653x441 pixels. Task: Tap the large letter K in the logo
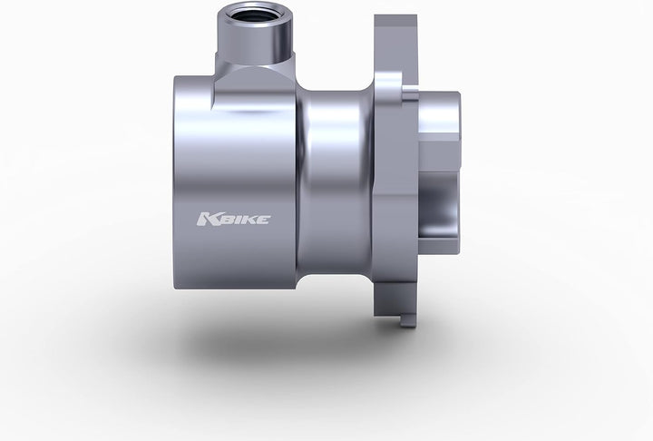point(204,219)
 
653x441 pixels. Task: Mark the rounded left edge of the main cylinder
point(178,181)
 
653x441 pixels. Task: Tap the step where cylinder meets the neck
point(299,181)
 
